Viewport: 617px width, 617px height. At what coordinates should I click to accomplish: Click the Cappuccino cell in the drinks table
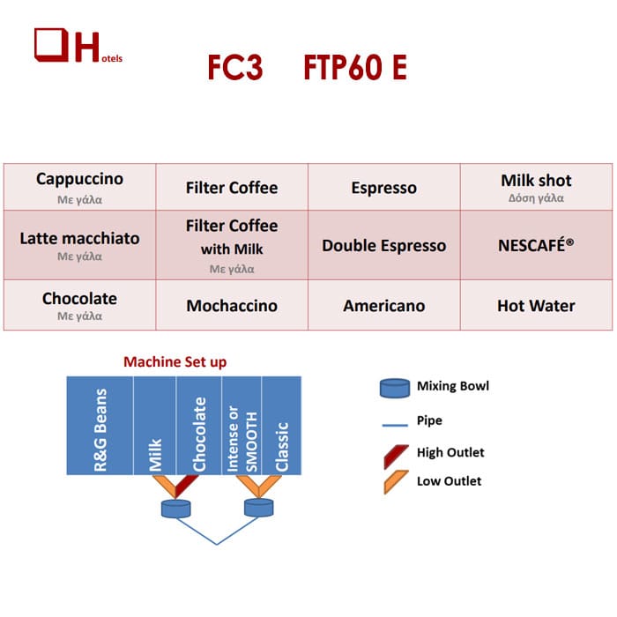tap(80, 187)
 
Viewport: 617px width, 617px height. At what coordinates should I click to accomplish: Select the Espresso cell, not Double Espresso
tap(384, 187)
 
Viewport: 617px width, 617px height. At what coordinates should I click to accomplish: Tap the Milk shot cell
tap(536, 187)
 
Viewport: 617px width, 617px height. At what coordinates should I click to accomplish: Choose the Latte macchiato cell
tap(80, 245)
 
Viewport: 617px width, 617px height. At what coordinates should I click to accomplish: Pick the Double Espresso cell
tap(384, 245)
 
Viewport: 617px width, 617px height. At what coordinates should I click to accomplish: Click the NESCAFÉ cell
tap(536, 245)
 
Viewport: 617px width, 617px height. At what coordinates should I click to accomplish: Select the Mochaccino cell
tap(232, 305)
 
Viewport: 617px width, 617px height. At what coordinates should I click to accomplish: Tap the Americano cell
tap(384, 305)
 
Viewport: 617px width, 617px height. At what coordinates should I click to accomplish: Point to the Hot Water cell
tap(536, 305)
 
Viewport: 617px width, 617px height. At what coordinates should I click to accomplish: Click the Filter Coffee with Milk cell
tap(232, 245)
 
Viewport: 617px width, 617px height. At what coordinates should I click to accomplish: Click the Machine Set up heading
tap(175, 361)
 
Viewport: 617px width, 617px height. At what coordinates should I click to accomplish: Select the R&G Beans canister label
tap(100, 430)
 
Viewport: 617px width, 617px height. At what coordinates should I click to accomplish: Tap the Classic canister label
tap(282, 447)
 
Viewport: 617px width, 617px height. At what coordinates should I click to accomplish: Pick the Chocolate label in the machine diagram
tap(199, 434)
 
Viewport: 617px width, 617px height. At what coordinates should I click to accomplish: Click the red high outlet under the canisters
tap(186, 486)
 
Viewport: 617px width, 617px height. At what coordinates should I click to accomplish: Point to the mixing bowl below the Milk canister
tap(176, 509)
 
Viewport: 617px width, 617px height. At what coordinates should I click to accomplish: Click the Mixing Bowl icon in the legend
tap(395, 389)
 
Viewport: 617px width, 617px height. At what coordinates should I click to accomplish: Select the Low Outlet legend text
tap(449, 481)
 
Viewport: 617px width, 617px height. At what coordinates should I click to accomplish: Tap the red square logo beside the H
tap(51, 45)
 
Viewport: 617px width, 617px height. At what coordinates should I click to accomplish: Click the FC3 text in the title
tap(235, 67)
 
